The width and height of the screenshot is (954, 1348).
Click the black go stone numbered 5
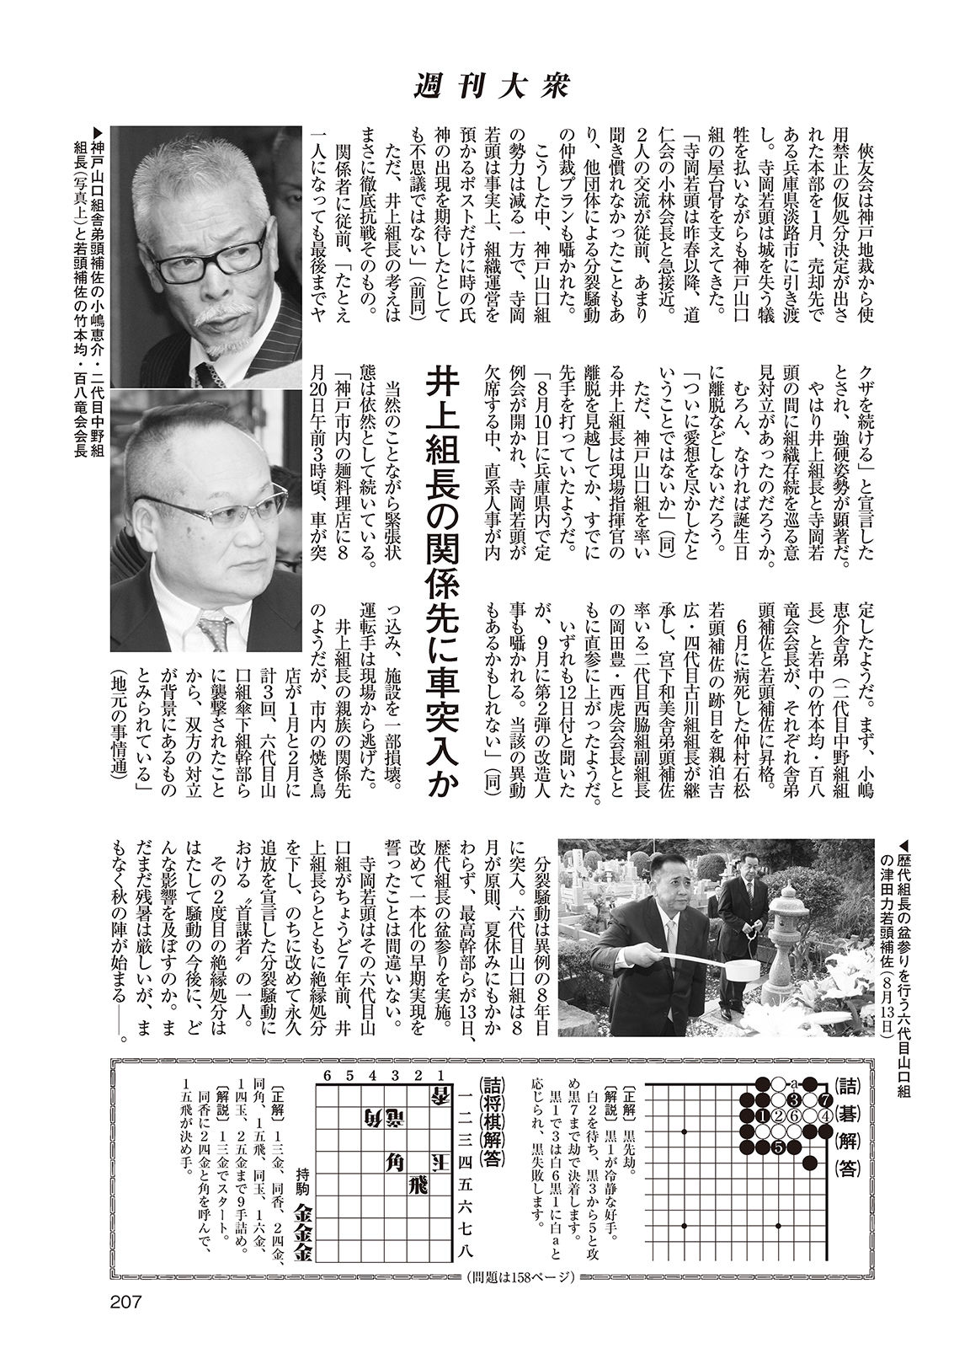pyautogui.click(x=778, y=1147)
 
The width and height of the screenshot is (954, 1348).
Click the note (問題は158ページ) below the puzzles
pyautogui.click(x=520, y=1277)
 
